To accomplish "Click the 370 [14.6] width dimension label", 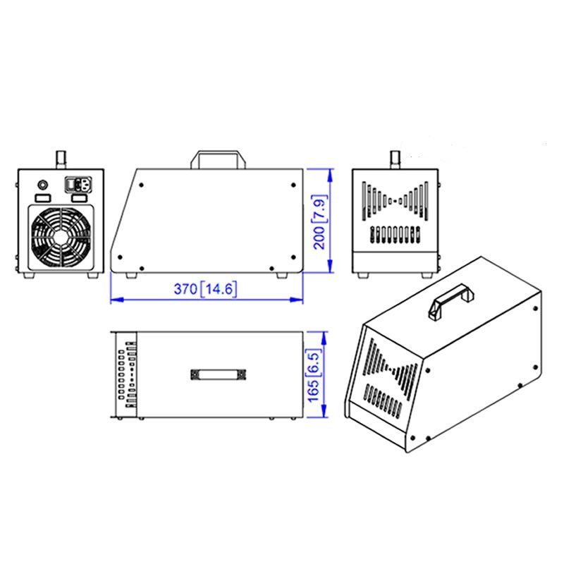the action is click(205, 289).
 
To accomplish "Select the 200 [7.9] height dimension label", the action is click(319, 222).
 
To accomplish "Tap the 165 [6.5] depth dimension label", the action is click(313, 375).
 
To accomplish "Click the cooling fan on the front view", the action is click(61, 237).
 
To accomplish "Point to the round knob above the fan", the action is click(43, 185).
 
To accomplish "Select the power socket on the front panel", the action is click(78, 185).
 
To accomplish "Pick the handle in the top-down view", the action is click(219, 375).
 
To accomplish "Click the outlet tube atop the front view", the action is click(61, 160).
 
